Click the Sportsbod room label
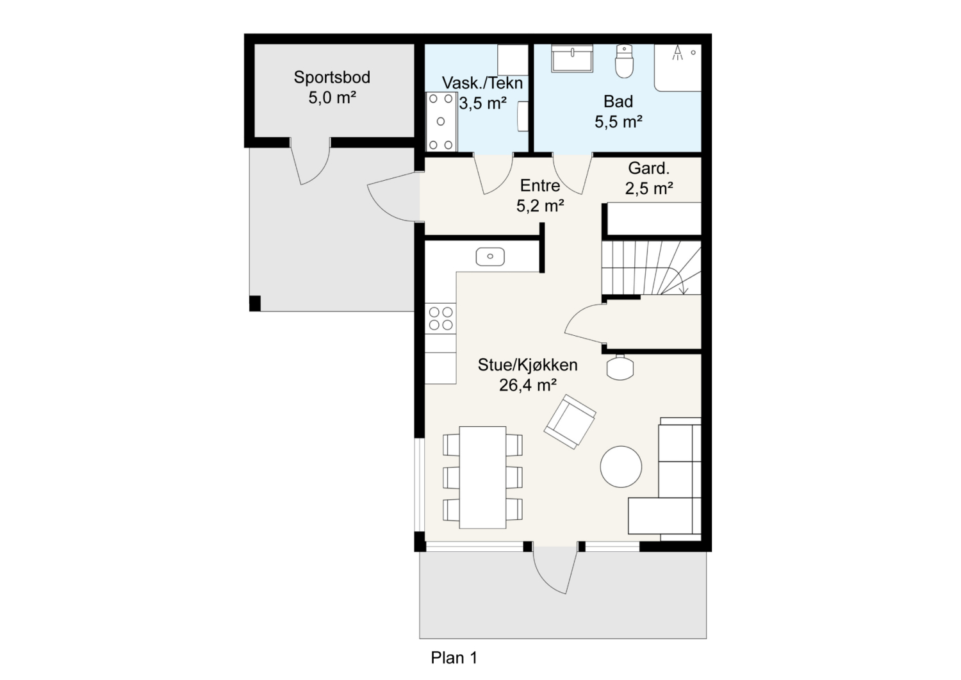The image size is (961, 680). click(x=332, y=78)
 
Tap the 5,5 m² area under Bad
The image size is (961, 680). click(x=618, y=122)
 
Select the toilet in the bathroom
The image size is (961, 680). click(x=624, y=61)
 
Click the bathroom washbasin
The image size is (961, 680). click(x=572, y=58)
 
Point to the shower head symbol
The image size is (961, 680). click(x=677, y=53)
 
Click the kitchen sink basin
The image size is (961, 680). click(x=490, y=256)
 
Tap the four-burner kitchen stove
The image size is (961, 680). click(x=441, y=318)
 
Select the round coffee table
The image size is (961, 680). click(x=621, y=467)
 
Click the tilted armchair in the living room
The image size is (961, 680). click(x=570, y=422)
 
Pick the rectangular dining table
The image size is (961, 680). click(x=482, y=477)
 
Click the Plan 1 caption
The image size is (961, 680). click(x=454, y=658)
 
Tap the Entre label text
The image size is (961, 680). click(x=539, y=185)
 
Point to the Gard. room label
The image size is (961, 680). click(x=648, y=169)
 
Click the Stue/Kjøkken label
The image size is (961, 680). click(x=528, y=365)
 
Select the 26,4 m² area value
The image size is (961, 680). click(x=528, y=385)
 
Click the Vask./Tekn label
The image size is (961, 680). click(x=482, y=83)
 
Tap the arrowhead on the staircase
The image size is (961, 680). click(x=684, y=290)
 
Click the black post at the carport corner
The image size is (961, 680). click(x=255, y=303)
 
